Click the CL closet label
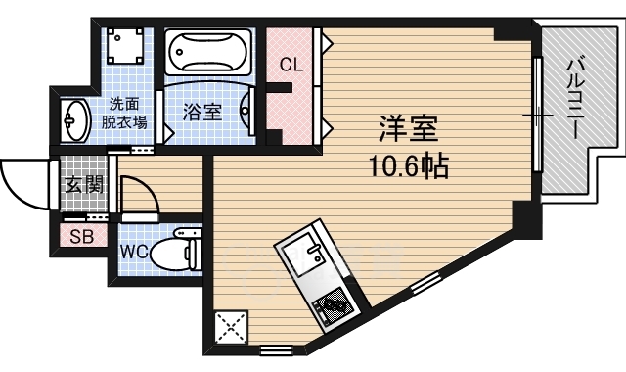coord(291,66)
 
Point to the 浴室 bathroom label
coord(201,111)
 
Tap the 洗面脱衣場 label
coord(128,113)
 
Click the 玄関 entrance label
coord(79,184)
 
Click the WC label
coord(134,251)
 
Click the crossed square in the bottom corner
coord(232,327)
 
